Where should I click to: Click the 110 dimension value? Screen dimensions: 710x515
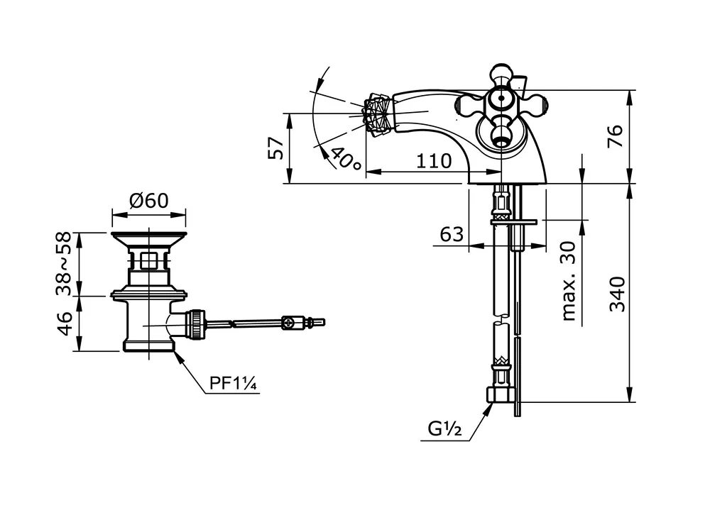point(434,160)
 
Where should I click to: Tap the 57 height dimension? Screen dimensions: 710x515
point(276,148)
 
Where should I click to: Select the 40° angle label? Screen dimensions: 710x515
point(346,158)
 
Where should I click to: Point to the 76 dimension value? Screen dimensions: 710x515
point(616,135)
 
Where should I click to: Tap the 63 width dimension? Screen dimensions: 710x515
point(452,234)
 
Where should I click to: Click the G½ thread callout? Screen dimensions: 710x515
point(444,428)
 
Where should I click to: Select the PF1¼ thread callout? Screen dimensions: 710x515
point(233,384)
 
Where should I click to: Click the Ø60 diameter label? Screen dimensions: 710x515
point(149,200)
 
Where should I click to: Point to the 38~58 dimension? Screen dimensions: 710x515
point(64,263)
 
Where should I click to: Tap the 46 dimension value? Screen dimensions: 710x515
point(64,323)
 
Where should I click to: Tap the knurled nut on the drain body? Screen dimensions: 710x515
point(197,323)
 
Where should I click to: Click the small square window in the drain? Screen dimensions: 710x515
point(148,261)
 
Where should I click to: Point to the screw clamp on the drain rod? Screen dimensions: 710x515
point(290,322)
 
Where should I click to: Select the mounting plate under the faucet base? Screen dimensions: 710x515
point(514,222)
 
